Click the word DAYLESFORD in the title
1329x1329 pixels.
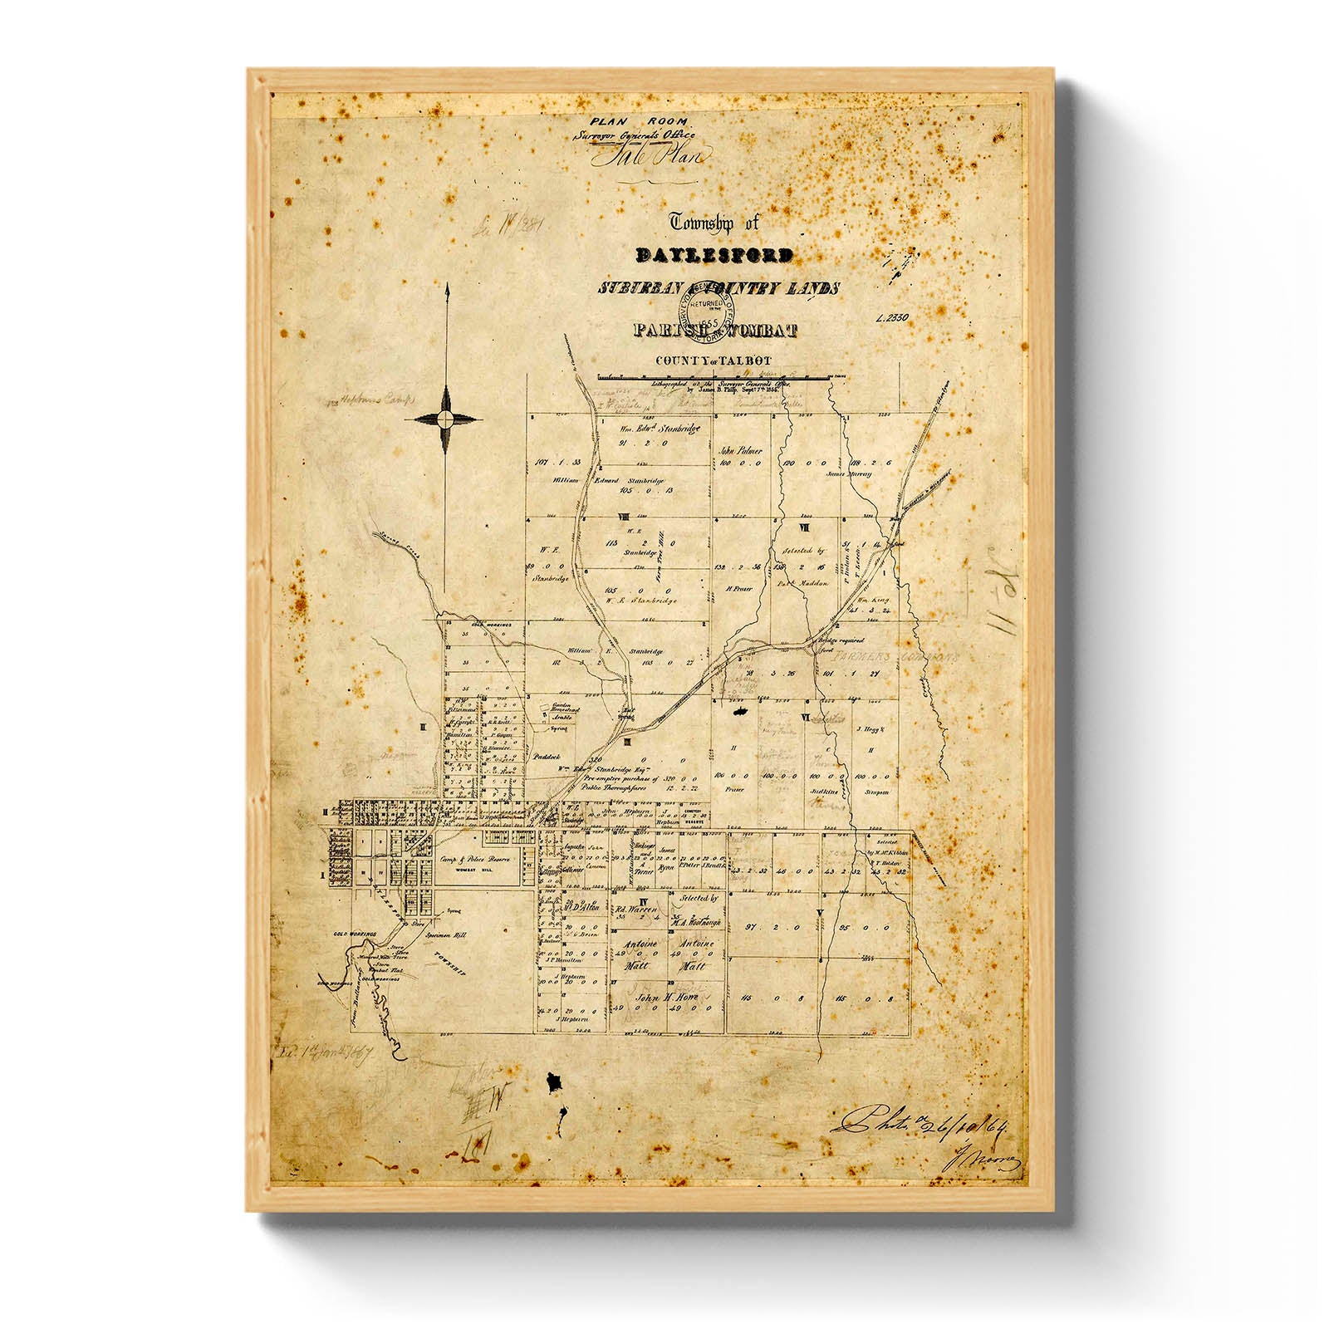[714, 255]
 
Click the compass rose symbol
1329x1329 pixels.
[447, 419]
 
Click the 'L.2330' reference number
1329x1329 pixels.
[893, 317]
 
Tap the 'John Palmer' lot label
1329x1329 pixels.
[741, 450]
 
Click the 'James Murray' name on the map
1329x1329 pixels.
[848, 474]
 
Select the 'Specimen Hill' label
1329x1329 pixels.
[446, 935]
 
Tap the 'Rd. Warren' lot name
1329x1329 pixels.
[638, 909]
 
